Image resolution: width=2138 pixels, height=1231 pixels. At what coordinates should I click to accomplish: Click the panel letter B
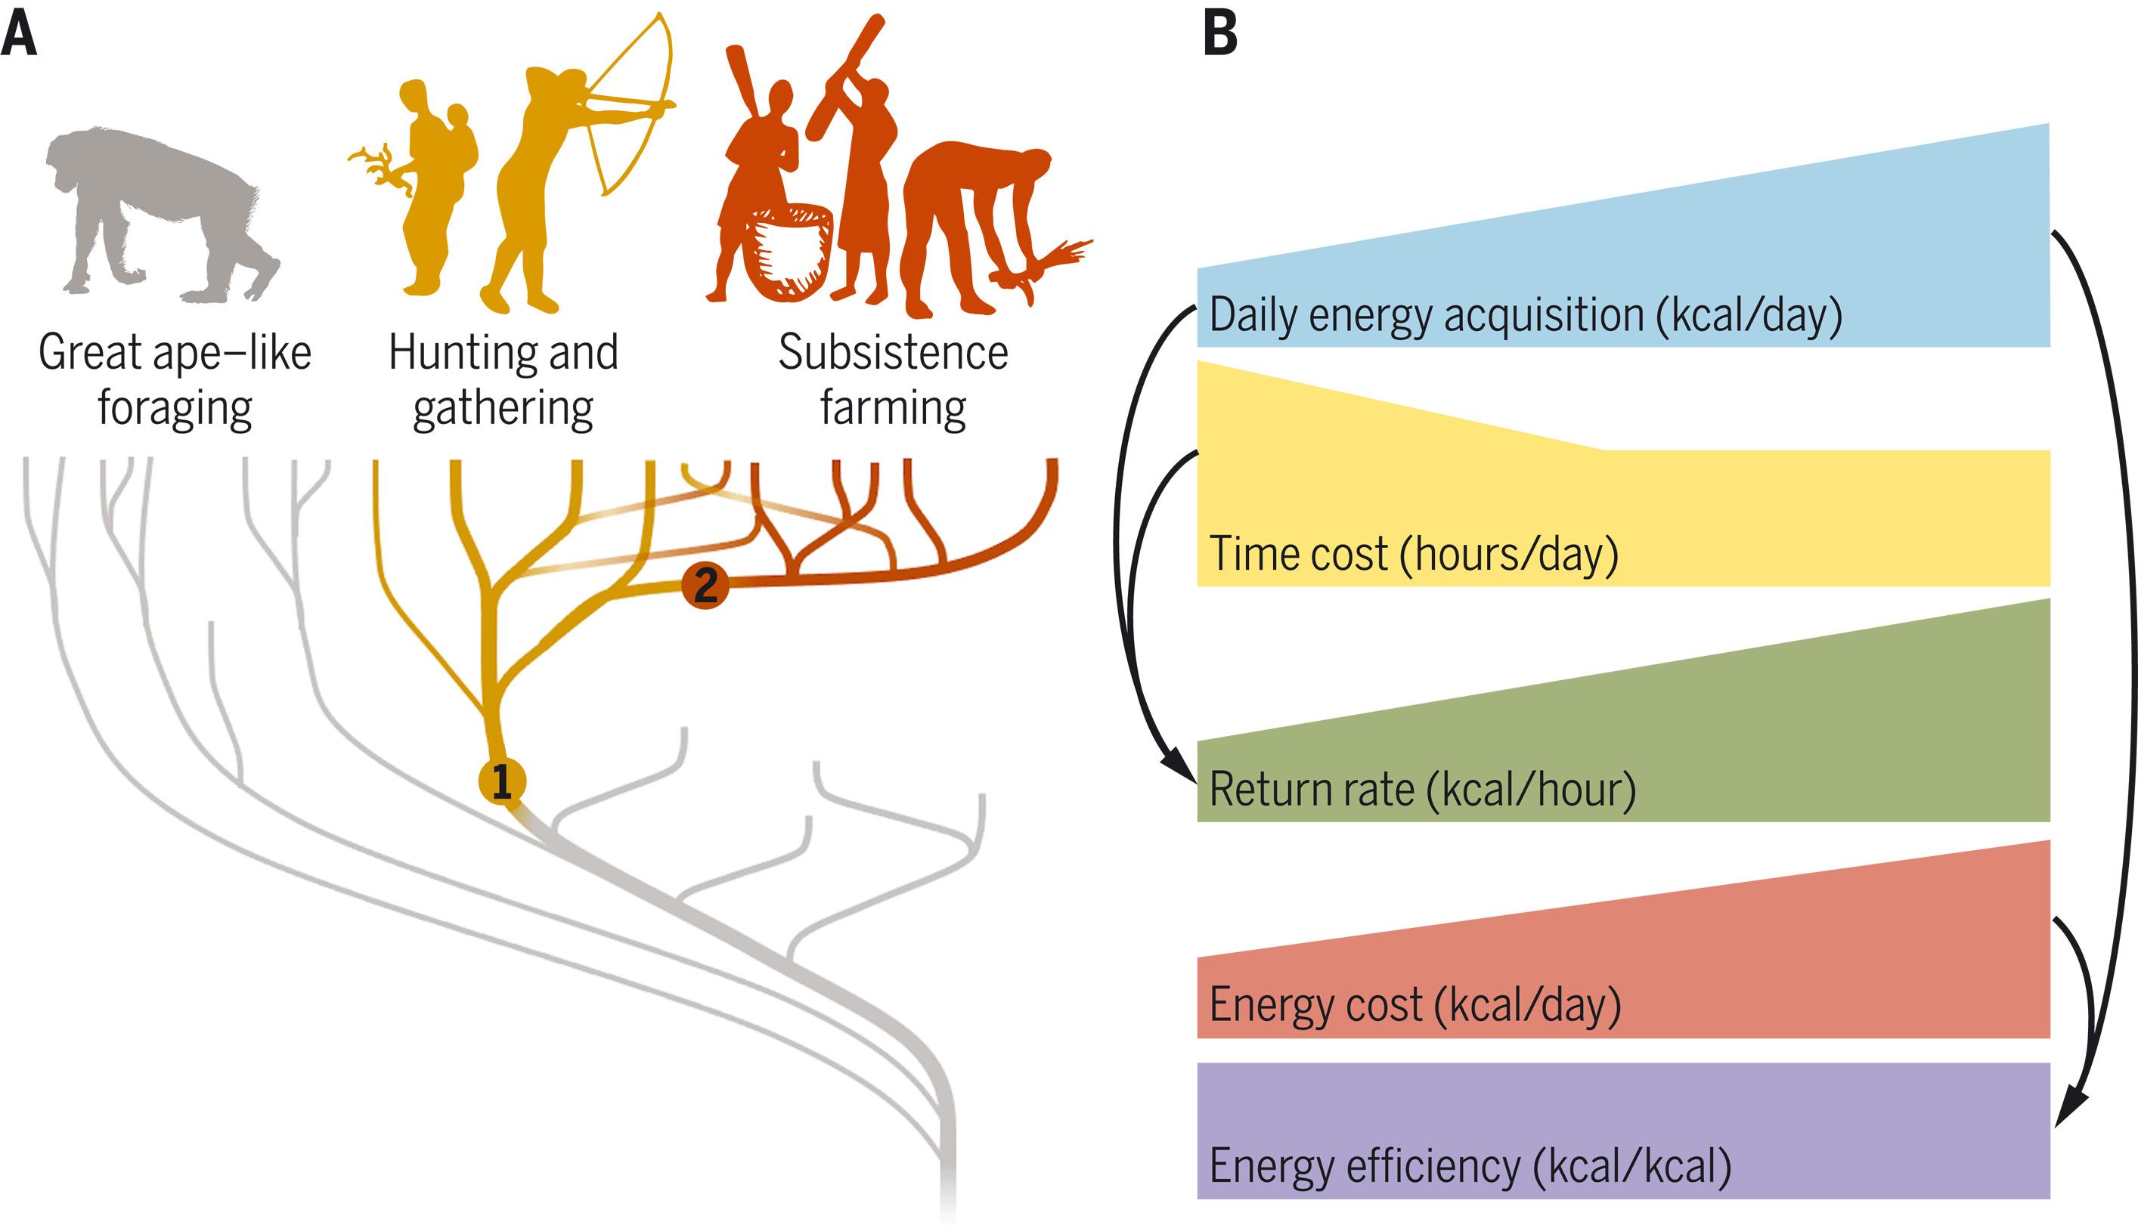pos(1219,36)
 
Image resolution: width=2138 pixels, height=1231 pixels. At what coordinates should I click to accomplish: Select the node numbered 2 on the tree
pos(705,584)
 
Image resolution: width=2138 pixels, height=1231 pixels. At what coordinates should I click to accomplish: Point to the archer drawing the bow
pos(541,186)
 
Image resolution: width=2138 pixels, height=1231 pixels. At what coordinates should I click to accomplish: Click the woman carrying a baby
pos(435,186)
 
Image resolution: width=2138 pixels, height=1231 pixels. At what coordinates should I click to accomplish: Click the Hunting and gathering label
pos(504,379)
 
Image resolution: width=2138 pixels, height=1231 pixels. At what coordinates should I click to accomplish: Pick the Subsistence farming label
pos(893,379)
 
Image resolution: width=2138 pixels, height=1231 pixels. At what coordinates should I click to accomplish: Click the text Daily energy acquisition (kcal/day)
pos(1526,315)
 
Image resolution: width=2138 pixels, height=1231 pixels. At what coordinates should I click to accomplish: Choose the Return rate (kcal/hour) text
pos(1423,790)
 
